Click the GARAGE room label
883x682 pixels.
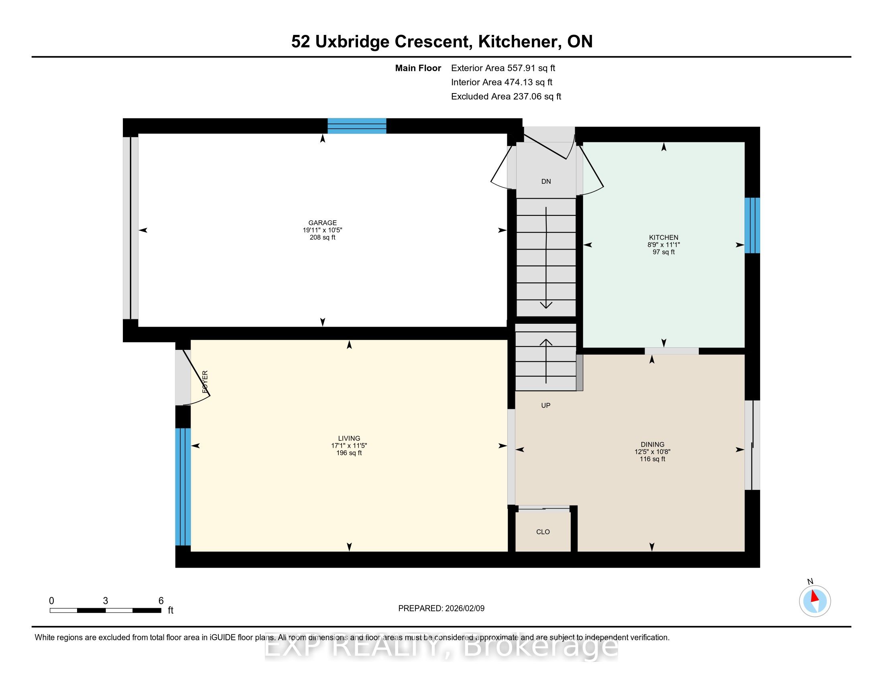[322, 223]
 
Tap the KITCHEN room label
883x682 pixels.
[663, 237]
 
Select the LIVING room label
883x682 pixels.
[349, 438]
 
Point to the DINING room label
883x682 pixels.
[652, 445]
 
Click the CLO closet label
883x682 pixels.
[543, 532]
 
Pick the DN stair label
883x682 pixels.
[546, 181]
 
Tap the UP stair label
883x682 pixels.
[546, 405]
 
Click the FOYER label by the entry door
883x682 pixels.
[205, 382]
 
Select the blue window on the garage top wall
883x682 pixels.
[356, 126]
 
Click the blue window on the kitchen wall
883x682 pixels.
[753, 225]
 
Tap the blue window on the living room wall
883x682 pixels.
[183, 487]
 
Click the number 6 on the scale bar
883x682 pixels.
[161, 601]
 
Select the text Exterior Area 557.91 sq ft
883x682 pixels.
[503, 68]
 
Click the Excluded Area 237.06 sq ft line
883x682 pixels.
[506, 96]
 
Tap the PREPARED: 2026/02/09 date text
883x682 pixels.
[441, 609]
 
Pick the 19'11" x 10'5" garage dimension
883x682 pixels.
[322, 230]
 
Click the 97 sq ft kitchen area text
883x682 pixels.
[663, 252]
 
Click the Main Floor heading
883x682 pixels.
[418, 68]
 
